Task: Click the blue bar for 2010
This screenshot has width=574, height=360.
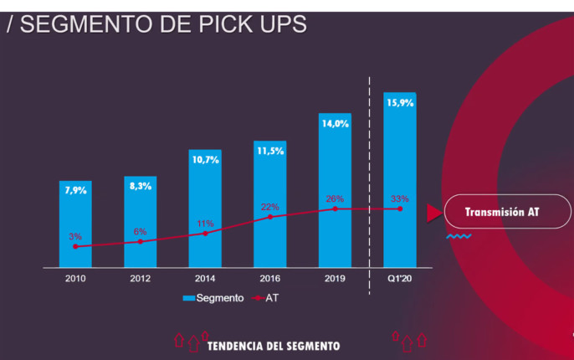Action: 75,222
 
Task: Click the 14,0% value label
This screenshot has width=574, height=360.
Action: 334,123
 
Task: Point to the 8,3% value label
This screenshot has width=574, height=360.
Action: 141,186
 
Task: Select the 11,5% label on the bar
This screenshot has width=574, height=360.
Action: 269,151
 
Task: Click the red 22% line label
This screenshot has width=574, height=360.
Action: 269,207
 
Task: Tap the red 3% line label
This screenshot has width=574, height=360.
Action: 75,237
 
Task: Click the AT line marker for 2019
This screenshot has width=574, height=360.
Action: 335,208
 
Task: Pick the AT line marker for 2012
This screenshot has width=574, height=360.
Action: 141,241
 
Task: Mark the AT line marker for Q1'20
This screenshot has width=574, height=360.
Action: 399,208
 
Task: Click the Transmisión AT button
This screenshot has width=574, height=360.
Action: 502,213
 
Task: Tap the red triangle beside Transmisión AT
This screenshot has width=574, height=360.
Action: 433,213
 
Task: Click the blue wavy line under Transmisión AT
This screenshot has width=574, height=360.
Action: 458,237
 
